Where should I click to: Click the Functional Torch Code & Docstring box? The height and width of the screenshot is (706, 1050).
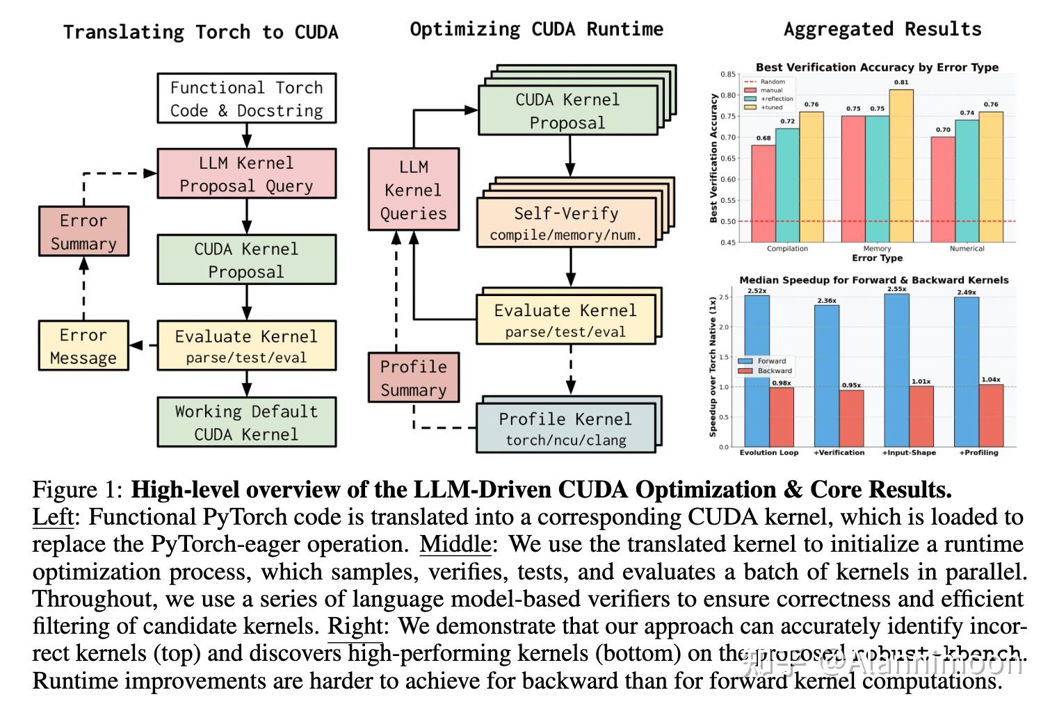(x=246, y=99)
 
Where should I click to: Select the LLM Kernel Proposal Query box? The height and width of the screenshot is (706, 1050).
(x=246, y=174)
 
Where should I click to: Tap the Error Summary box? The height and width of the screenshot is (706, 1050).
(x=83, y=231)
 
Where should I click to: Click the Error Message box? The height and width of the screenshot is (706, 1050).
(x=83, y=345)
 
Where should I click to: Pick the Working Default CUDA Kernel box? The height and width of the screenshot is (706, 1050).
(x=246, y=422)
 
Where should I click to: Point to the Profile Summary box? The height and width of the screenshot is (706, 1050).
(x=414, y=377)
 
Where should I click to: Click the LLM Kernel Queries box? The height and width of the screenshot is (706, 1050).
(x=414, y=189)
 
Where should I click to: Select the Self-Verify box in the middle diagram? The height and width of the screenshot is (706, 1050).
(x=566, y=222)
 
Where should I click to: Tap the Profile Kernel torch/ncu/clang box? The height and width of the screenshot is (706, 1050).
(x=565, y=429)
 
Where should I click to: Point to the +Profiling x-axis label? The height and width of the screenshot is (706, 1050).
(x=978, y=453)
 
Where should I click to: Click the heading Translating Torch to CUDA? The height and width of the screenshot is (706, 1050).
(x=200, y=33)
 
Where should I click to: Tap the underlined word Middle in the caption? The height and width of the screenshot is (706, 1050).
(x=455, y=544)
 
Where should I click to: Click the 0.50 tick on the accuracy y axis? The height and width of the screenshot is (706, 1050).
(x=727, y=222)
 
